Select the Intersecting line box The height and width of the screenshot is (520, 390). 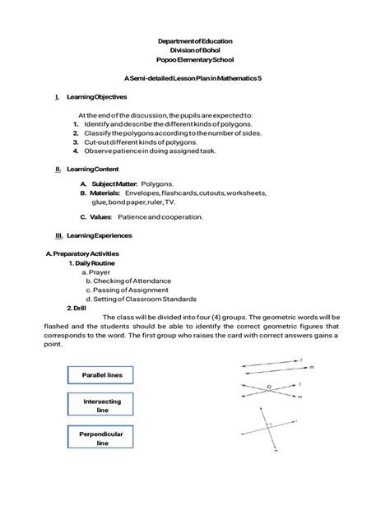[102, 406]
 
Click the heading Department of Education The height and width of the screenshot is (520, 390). [195, 40]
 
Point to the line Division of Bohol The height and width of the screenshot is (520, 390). [195, 51]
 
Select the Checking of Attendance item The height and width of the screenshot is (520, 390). [123, 281]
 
